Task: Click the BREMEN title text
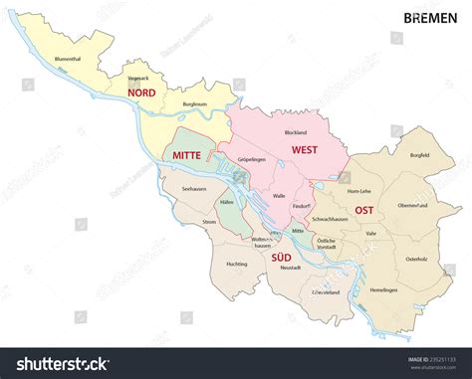pyautogui.click(x=431, y=18)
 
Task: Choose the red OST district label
pyautogui.click(x=364, y=210)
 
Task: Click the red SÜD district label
pyautogui.click(x=282, y=258)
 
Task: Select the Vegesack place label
pyautogui.click(x=139, y=76)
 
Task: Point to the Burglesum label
pyautogui.click(x=195, y=103)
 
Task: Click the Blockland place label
pyautogui.click(x=295, y=132)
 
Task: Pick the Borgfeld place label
pyautogui.click(x=418, y=156)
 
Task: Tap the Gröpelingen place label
pyautogui.click(x=253, y=159)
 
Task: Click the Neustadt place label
pyautogui.click(x=289, y=268)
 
